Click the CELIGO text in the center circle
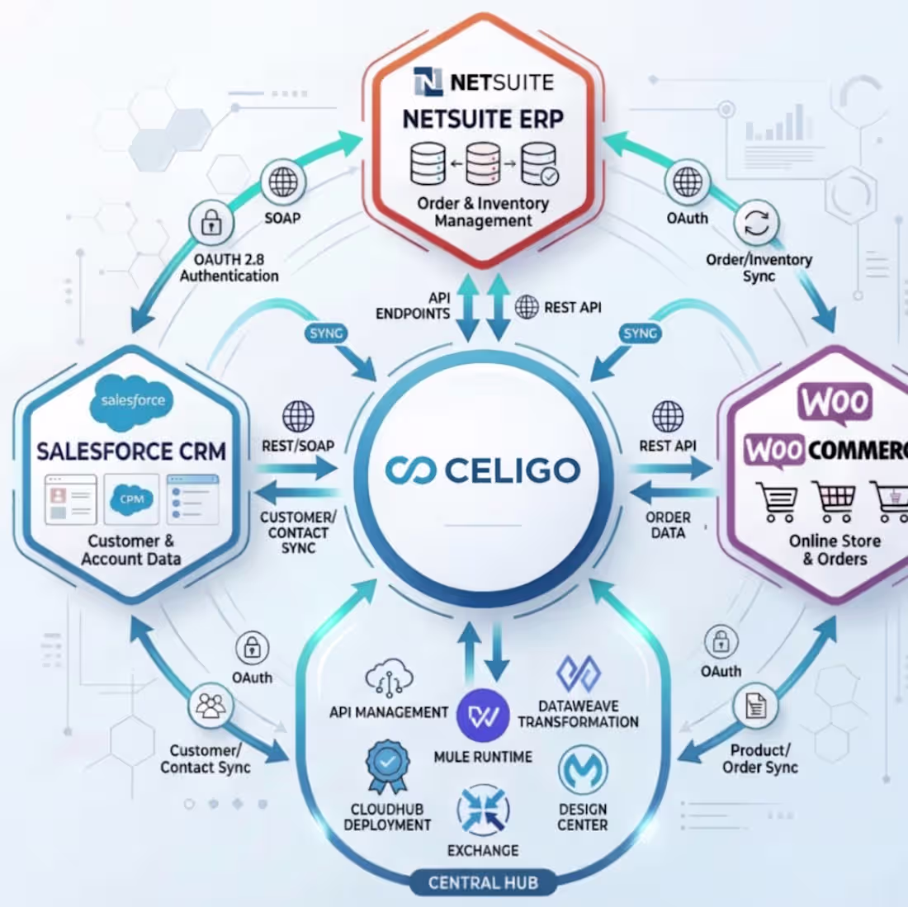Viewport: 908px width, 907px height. coord(512,470)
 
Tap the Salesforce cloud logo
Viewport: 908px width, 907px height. coord(132,402)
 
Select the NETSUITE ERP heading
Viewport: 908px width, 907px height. coord(483,119)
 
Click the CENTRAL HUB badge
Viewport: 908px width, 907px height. coord(483,882)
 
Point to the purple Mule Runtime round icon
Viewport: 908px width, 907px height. coord(483,716)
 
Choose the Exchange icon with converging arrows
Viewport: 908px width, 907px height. coord(483,810)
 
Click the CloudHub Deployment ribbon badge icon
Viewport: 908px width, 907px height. coord(387,767)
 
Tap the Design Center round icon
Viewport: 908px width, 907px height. coord(583,770)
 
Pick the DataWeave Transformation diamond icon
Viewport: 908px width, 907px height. coord(579,673)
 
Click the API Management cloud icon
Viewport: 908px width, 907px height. coord(389,678)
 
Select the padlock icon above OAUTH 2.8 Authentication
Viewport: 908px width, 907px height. coord(211,223)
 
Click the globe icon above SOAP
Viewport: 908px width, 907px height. coord(283,182)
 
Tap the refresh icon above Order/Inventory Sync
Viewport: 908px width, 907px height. coord(756,223)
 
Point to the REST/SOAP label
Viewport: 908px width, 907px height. coord(298,446)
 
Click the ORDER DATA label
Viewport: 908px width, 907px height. coord(668,525)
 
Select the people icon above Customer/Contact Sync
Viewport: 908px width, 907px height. coord(210,706)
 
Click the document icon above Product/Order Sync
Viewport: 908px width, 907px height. coord(755,706)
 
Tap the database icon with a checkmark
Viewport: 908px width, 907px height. coord(540,164)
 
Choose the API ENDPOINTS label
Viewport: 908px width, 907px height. coord(414,305)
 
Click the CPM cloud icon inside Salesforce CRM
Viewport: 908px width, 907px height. coord(131,499)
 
